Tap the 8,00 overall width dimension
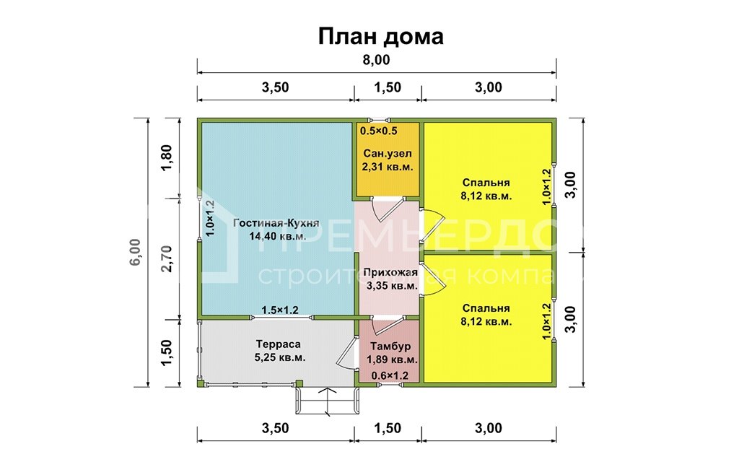[x=376, y=60]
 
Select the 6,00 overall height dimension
[x=135, y=252]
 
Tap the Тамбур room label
[x=391, y=346]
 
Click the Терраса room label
[x=278, y=344]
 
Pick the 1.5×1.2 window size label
[x=280, y=310]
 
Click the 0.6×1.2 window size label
[x=390, y=375]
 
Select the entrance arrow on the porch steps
[x=327, y=399]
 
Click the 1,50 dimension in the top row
[x=388, y=88]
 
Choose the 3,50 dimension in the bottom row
[x=275, y=428]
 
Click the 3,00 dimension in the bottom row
[x=489, y=428]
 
